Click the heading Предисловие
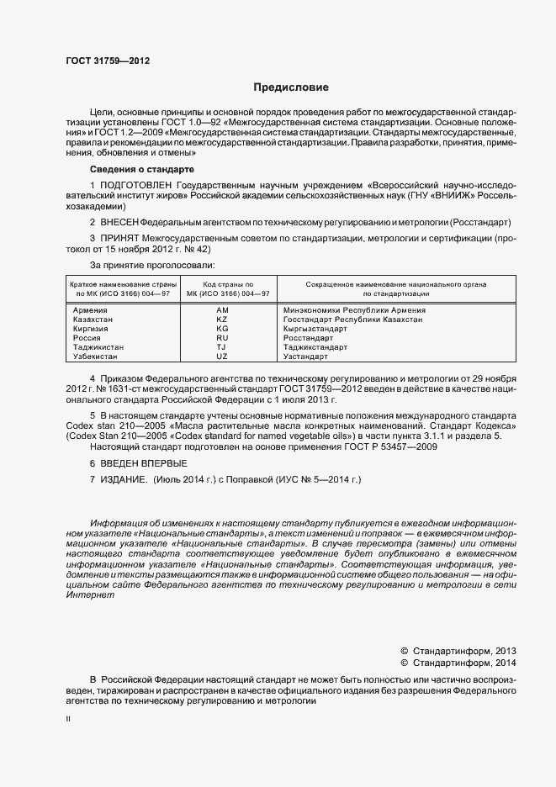pyautogui.click(x=291, y=87)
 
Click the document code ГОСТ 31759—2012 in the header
pyautogui.click(x=108, y=61)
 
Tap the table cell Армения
pyautogui.click(x=90, y=310)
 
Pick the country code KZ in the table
pyautogui.click(x=222, y=320)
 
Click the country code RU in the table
pyautogui.click(x=222, y=338)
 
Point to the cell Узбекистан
pyautogui.click(x=97, y=357)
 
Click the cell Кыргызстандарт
pyautogui.click(x=316, y=329)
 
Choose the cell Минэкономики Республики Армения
pyautogui.click(x=354, y=310)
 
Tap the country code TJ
pyautogui.click(x=222, y=347)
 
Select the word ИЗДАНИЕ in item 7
pyautogui.click(x=124, y=479)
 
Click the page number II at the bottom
pyautogui.click(x=67, y=720)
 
